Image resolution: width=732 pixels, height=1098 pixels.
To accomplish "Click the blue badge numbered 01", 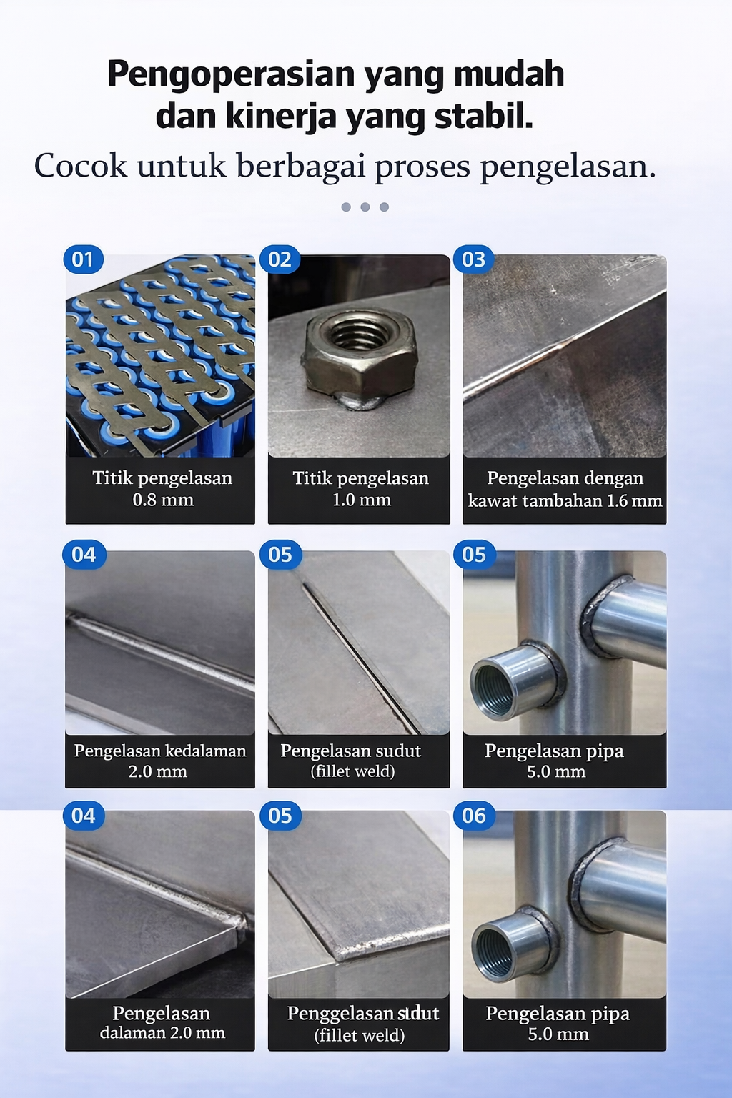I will point(83,259).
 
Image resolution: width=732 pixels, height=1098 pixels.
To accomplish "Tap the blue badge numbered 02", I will point(280,259).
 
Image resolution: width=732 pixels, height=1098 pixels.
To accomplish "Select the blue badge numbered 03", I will point(473,259).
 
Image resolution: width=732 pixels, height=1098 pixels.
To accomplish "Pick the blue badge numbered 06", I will point(473,816).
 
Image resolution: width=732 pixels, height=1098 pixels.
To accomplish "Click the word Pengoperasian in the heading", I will point(230,74).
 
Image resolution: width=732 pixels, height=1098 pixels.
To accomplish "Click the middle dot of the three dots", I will point(365,207).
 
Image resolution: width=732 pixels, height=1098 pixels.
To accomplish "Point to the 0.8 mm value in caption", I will point(163,500).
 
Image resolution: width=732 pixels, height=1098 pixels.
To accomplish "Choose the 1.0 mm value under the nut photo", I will point(362,500).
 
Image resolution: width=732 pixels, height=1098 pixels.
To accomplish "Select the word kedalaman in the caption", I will point(204,751).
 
